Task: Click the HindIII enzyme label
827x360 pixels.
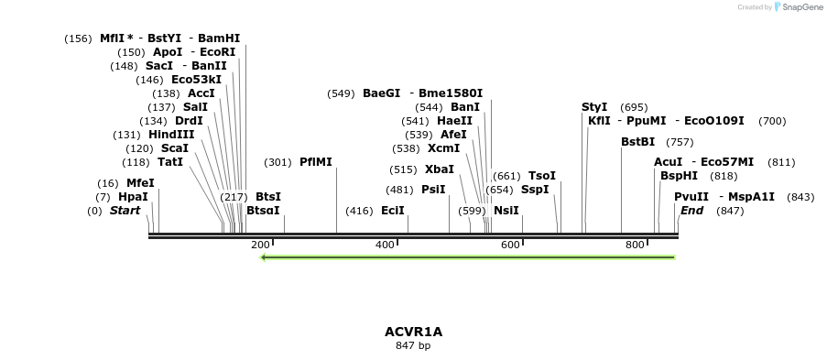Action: coord(171,134)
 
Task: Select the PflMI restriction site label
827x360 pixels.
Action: coord(316,162)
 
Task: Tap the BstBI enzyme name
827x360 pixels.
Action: coord(638,142)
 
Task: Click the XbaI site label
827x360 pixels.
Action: coord(440,169)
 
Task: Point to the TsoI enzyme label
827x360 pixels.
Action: coord(542,176)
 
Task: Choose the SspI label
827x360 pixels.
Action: coord(535,190)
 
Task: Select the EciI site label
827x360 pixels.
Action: coord(393,210)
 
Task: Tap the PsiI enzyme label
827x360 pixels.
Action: coord(433,190)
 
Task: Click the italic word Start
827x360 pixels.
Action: coord(125,211)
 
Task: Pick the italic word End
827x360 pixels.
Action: coord(691,211)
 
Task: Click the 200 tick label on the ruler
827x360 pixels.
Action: coord(260,245)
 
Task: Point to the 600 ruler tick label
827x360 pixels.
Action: coord(510,245)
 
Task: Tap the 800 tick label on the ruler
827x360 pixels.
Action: coord(636,245)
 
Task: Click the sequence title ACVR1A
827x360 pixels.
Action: coord(413,332)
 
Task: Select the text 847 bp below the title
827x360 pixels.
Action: coord(413,345)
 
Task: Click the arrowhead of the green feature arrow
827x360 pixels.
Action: coord(264,257)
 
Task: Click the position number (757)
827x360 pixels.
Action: coord(680,142)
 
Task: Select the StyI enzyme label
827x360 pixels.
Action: coord(594,107)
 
